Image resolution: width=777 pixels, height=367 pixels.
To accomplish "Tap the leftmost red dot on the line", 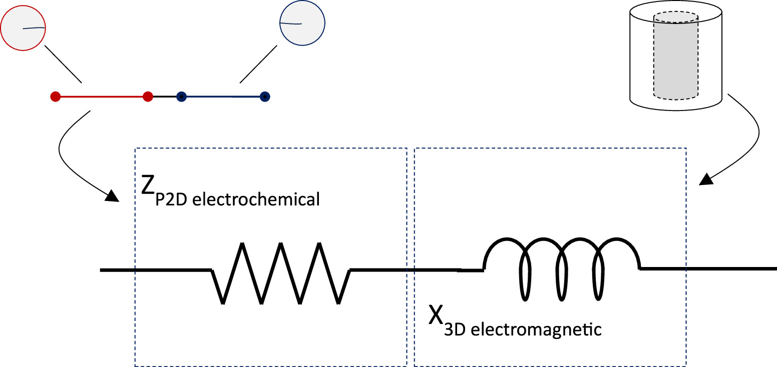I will coord(56,96).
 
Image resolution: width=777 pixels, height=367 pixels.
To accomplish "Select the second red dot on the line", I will coord(148,96).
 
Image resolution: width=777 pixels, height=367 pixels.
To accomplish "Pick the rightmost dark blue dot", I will coord(265,96).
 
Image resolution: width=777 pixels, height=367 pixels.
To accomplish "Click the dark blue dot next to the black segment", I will coord(182,96).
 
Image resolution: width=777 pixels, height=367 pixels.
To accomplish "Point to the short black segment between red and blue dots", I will coord(165,96).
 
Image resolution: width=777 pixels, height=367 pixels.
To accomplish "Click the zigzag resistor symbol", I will coord(280,273).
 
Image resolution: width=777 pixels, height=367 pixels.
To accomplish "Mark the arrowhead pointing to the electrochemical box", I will coord(112,195).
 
